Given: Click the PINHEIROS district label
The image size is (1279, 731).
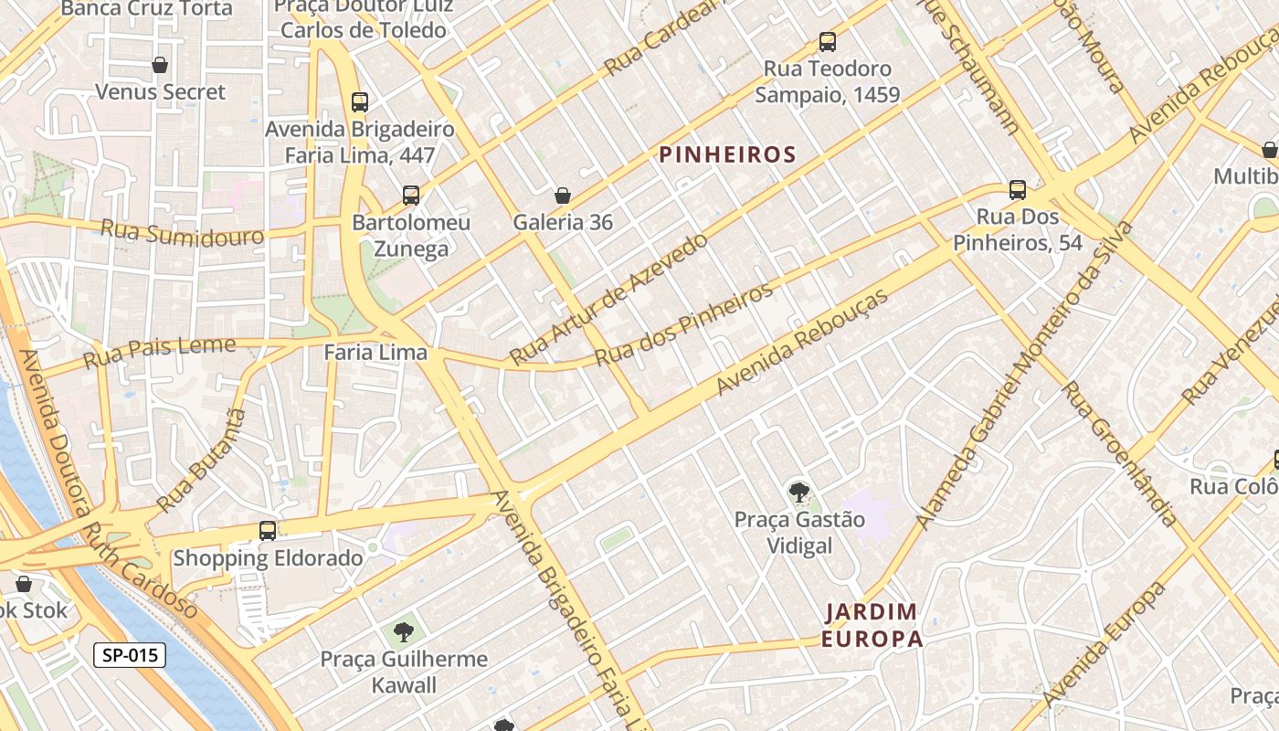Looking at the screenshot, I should coord(728,154).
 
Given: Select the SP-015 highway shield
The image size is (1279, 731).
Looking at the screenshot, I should coord(129,654).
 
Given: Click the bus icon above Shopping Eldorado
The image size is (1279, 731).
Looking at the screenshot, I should coord(268,530).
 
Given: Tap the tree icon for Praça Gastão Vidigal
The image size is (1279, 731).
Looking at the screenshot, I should coord(799,493).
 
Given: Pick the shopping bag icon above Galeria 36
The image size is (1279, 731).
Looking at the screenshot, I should coord(563,196).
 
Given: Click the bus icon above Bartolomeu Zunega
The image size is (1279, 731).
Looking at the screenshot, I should coord(411,195).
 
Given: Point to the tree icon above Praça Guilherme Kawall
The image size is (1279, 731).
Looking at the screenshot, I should coord(403,631).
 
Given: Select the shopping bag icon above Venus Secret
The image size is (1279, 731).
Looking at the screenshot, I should coord(160,65).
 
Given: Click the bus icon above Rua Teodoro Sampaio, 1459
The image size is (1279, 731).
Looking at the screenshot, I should coord(827,41).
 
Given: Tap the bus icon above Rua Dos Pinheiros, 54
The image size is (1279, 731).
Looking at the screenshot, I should coord(1018,190).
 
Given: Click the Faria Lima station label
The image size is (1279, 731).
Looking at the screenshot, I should coord(375,352).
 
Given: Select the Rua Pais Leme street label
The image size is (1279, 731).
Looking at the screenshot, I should coord(159,352).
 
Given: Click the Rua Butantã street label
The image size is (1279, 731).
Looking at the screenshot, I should coord(202,461).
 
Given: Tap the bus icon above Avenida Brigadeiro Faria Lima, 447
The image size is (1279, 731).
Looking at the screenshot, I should coord(360,102).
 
